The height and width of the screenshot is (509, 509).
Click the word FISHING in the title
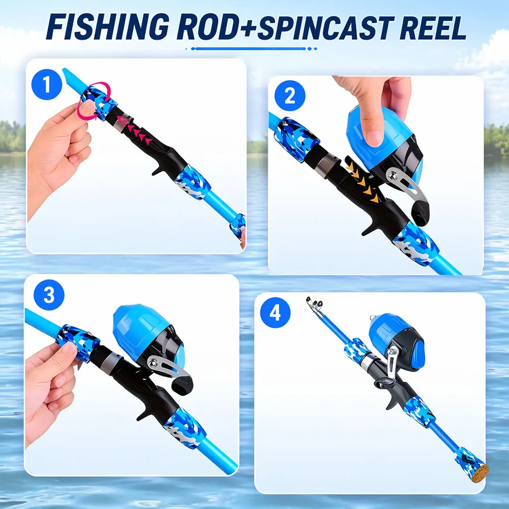click(x=107, y=27)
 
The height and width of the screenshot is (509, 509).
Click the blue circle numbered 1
click(x=47, y=84)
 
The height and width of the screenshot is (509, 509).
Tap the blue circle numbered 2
click(x=290, y=96)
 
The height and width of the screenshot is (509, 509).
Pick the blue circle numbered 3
click(x=49, y=295)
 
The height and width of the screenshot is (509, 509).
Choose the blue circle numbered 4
click(x=275, y=313)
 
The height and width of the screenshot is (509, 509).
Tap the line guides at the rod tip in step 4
click(x=314, y=303)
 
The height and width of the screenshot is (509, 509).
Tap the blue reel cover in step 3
click(x=139, y=326)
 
